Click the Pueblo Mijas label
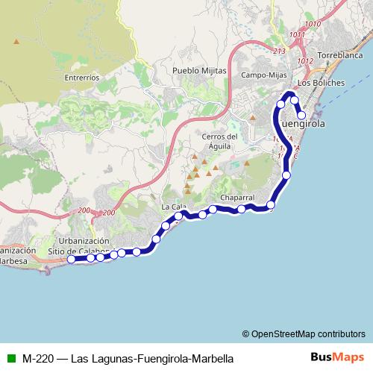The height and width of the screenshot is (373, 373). coord(198,70)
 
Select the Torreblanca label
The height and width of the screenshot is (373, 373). coord(339,56)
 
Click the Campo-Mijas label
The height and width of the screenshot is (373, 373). coord(265,75)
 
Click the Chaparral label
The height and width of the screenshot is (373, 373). coord(237,198)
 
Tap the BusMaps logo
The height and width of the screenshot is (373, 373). coord(337,357)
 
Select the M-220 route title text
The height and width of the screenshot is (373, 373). coord(128,358)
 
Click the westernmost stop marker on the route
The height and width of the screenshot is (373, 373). coord(71,260)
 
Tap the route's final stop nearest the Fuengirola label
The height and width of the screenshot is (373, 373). coord(302,115)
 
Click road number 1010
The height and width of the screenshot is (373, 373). coord(313,25)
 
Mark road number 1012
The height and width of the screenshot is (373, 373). coord(305,60)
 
